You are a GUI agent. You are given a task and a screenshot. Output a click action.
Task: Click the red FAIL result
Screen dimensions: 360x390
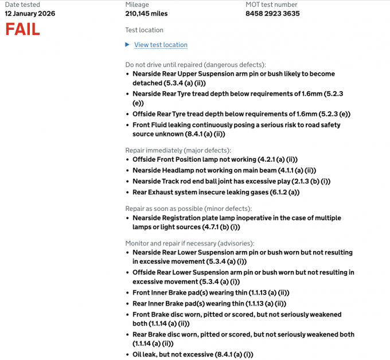pos(23,29)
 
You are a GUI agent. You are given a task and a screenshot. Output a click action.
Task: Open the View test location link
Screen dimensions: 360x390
pos(161,45)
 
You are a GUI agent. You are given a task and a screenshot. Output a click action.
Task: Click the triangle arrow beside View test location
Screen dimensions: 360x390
pos(128,45)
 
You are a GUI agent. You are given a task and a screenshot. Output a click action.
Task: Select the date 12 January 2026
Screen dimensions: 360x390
pos(30,14)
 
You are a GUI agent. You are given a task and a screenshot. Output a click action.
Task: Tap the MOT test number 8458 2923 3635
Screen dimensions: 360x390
pos(272,14)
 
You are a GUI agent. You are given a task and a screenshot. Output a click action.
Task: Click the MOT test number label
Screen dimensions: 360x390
pos(271,5)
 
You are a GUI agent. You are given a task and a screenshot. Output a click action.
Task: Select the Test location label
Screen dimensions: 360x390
pos(144,30)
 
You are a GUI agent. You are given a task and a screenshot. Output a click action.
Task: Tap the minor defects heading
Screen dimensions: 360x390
pos(189,209)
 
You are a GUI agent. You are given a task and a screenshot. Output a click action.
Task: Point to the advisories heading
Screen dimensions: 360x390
pos(190,243)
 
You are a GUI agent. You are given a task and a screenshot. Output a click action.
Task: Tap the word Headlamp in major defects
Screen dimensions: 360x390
pos(181,170)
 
